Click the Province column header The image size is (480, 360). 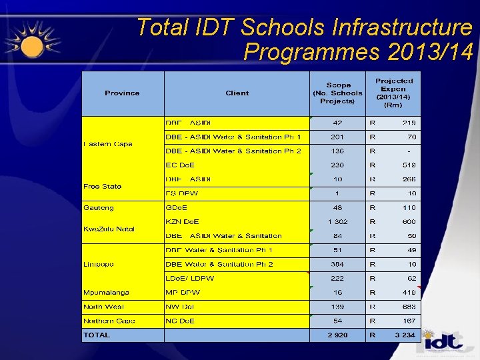click(x=122, y=93)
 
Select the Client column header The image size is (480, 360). click(x=237, y=93)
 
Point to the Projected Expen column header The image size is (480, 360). click(x=393, y=93)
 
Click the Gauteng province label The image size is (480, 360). click(x=99, y=208)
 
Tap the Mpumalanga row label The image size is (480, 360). click(x=106, y=293)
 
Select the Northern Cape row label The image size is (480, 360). click(x=109, y=321)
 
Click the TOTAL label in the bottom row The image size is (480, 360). click(x=97, y=335)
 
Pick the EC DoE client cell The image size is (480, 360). click(x=181, y=165)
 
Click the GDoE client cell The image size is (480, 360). click(x=177, y=208)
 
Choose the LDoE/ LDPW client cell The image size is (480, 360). click(x=190, y=279)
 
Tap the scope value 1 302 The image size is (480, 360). click(x=337, y=222)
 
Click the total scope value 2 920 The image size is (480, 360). click(x=337, y=335)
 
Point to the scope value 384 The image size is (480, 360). click(x=337, y=265)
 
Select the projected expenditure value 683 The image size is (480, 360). click(x=409, y=307)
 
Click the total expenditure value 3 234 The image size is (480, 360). click(x=404, y=335)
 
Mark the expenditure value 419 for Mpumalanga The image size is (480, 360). click(x=409, y=293)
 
